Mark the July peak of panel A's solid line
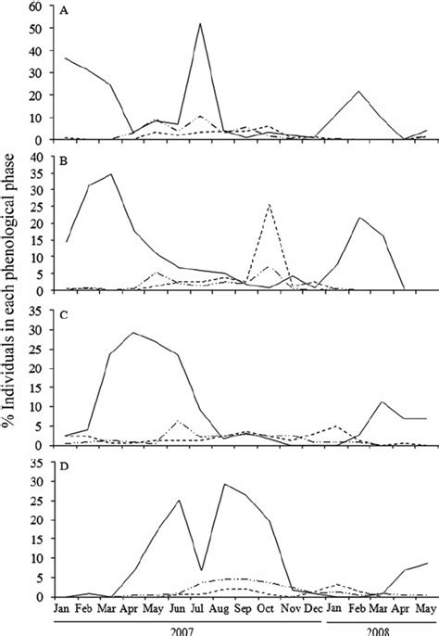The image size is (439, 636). click(200, 24)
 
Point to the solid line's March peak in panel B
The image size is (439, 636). click(111, 174)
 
